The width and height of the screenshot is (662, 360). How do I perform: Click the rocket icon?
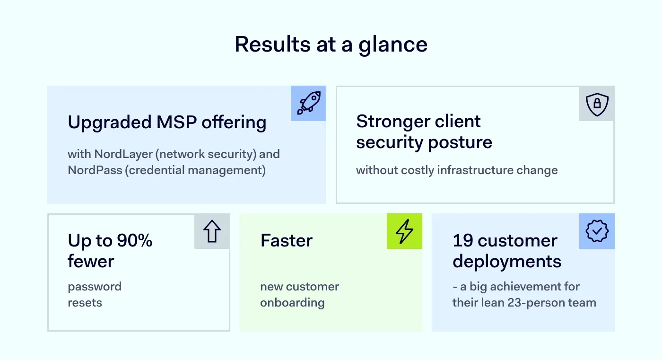308,103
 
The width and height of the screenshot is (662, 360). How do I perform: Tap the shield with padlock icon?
597,104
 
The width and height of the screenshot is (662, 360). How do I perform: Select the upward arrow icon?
212,231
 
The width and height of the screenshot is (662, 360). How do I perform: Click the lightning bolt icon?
404,231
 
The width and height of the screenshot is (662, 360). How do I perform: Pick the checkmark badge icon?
597,231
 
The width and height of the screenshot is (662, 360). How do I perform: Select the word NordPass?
95,170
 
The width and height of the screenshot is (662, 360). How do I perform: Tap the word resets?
85,303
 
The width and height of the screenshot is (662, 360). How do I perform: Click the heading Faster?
287,241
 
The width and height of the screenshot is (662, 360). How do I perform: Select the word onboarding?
292,303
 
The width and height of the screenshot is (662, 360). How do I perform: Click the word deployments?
507,262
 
